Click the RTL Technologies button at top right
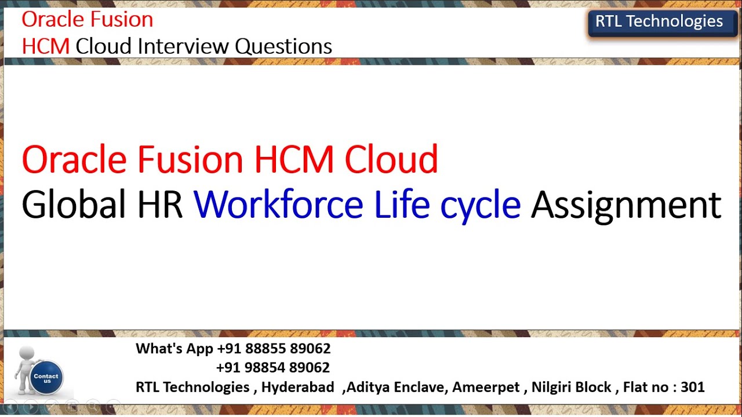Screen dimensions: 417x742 coord(659,22)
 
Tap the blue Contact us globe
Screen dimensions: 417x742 coord(46,377)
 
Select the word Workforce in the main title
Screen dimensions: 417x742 coord(278,204)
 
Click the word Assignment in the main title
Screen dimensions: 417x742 coord(626,206)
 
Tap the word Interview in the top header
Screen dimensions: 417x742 coord(185,46)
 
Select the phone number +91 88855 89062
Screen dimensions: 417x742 coord(274,349)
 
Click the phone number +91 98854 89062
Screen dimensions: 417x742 coord(273,368)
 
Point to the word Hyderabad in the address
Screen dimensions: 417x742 coord(297,387)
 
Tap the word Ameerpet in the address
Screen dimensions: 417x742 coord(486,387)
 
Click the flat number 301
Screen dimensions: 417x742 coord(693,387)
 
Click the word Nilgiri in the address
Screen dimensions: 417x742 coord(553,387)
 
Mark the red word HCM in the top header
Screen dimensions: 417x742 coord(46,46)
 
